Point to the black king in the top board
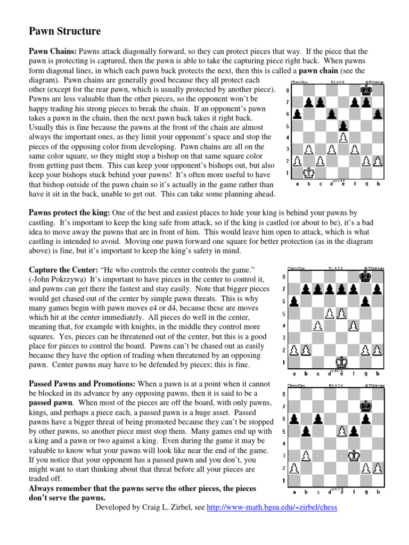(x=366, y=90)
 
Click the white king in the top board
(x=308, y=172)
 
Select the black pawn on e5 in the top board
(x=343, y=126)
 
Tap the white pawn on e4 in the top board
(x=343, y=137)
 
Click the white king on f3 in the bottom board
(x=354, y=455)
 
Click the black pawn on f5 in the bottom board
(x=354, y=431)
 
